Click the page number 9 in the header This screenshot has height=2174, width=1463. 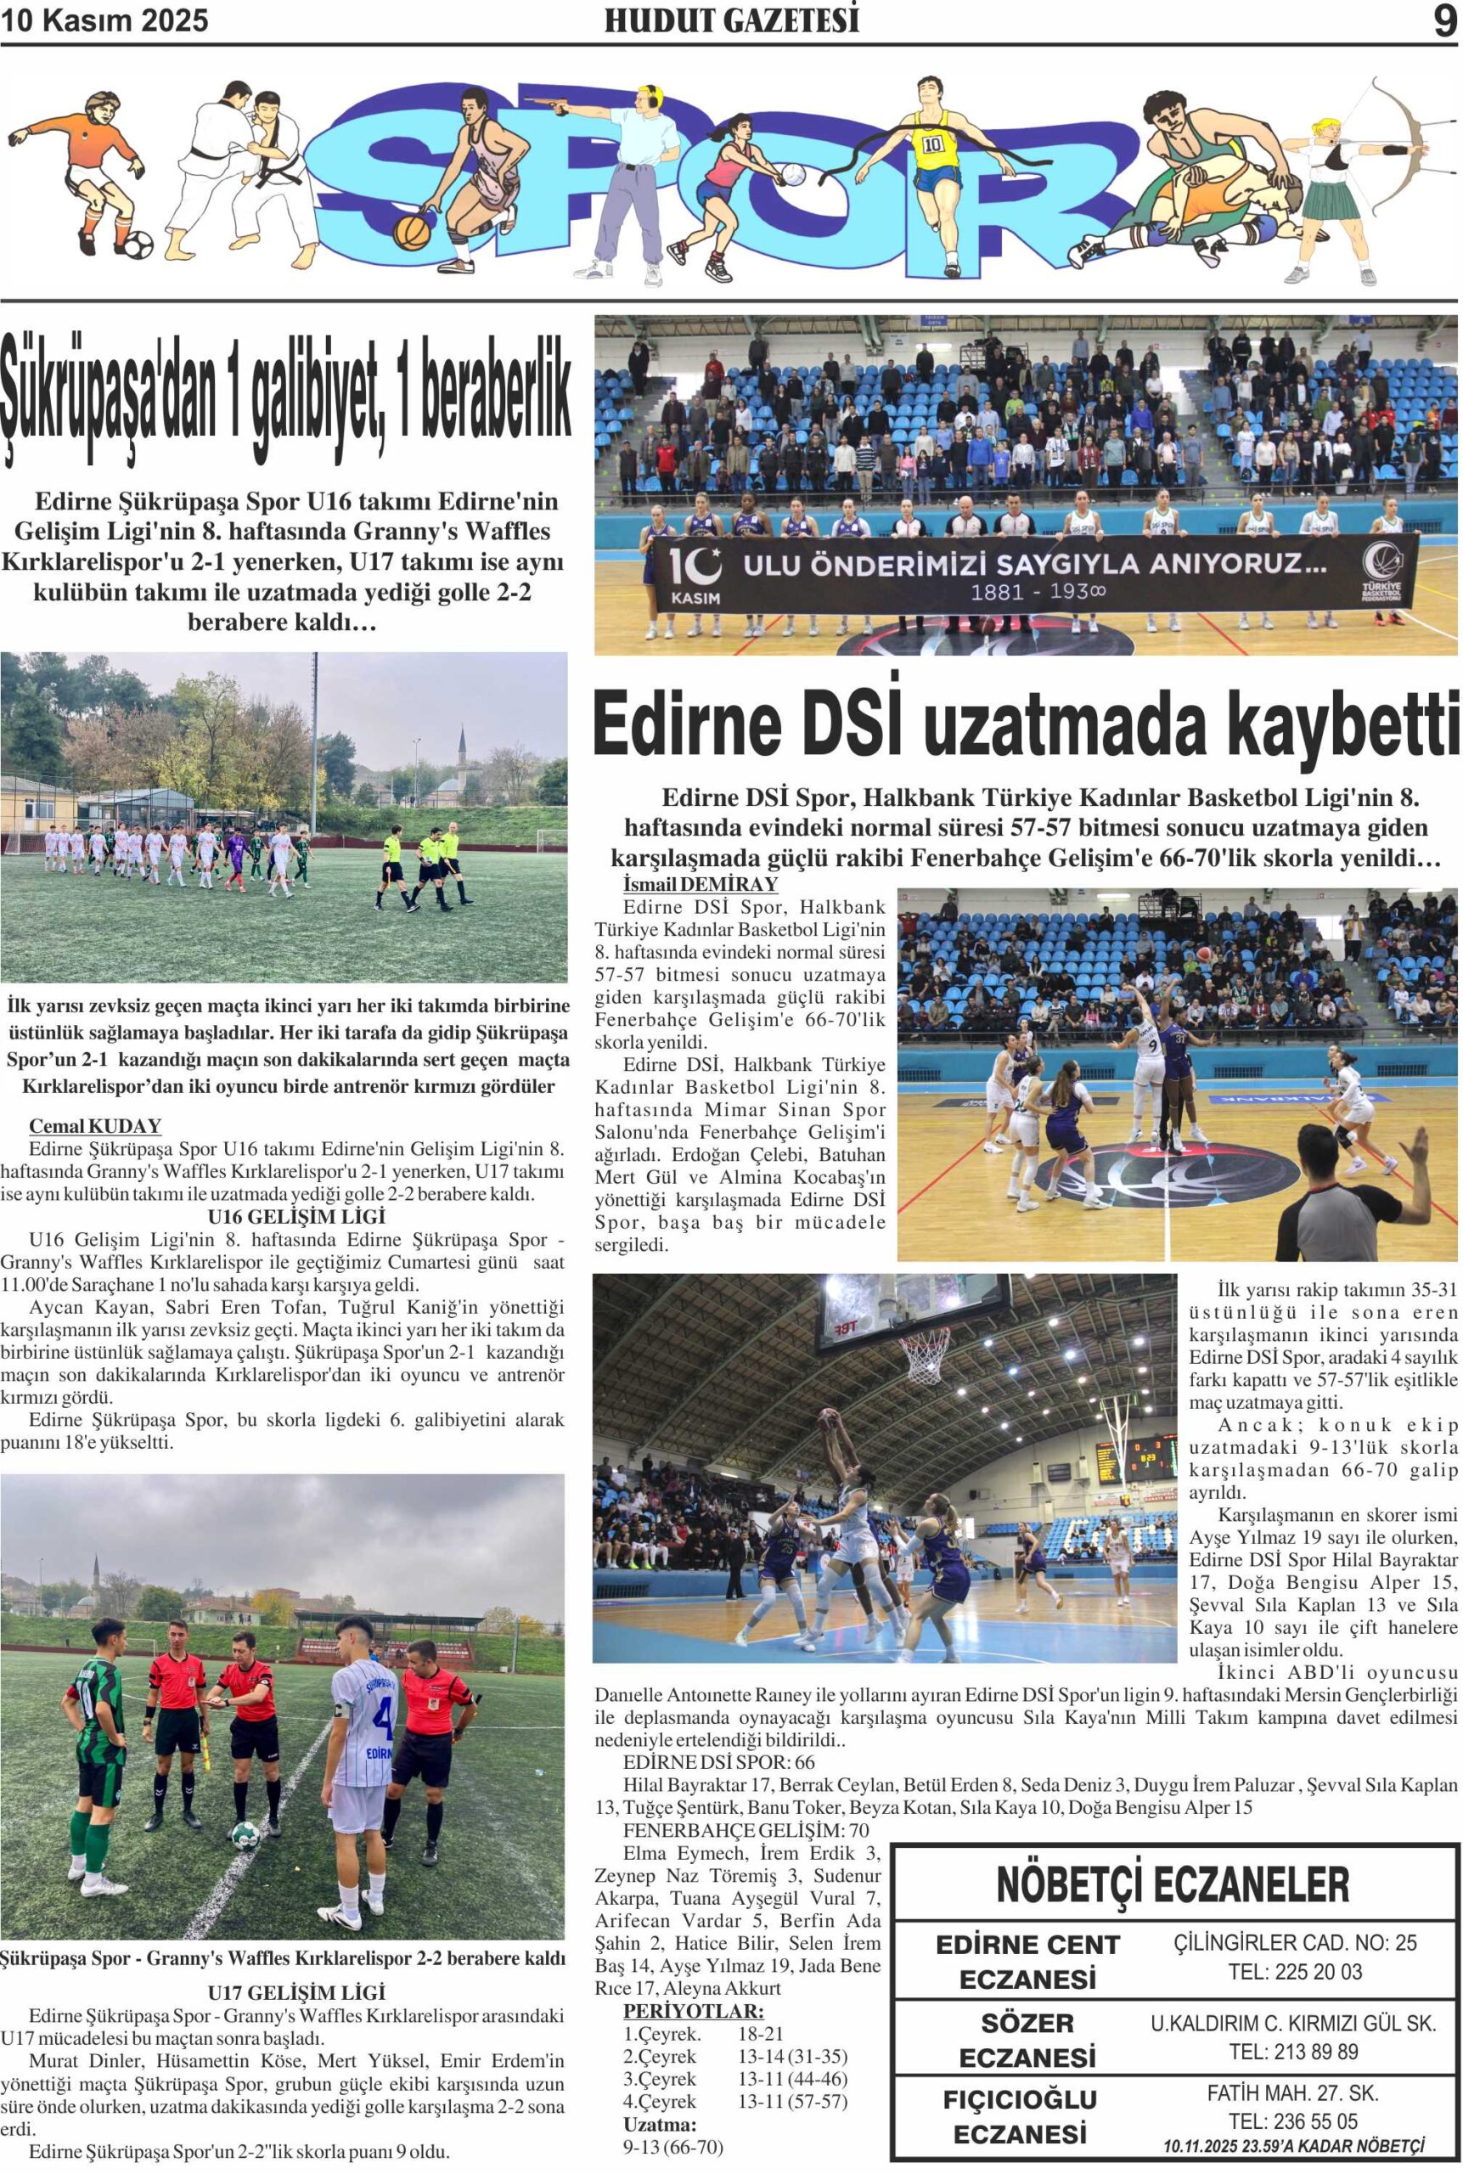[1443, 20]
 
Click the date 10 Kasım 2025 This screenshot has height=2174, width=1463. [104, 20]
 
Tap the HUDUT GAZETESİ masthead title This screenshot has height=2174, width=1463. [732, 20]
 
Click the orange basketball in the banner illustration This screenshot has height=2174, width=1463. [412, 233]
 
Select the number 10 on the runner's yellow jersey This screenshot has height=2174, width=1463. [932, 144]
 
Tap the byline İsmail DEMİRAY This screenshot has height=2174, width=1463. [700, 883]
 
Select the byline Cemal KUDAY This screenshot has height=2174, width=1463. [95, 1126]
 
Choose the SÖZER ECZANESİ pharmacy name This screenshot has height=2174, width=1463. [1027, 2040]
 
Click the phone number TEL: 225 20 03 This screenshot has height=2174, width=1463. [1295, 1972]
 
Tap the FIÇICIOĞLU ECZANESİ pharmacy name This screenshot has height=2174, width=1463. [1020, 2115]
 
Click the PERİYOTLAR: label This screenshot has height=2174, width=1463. [693, 2011]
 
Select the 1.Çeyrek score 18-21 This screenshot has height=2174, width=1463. [761, 2034]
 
